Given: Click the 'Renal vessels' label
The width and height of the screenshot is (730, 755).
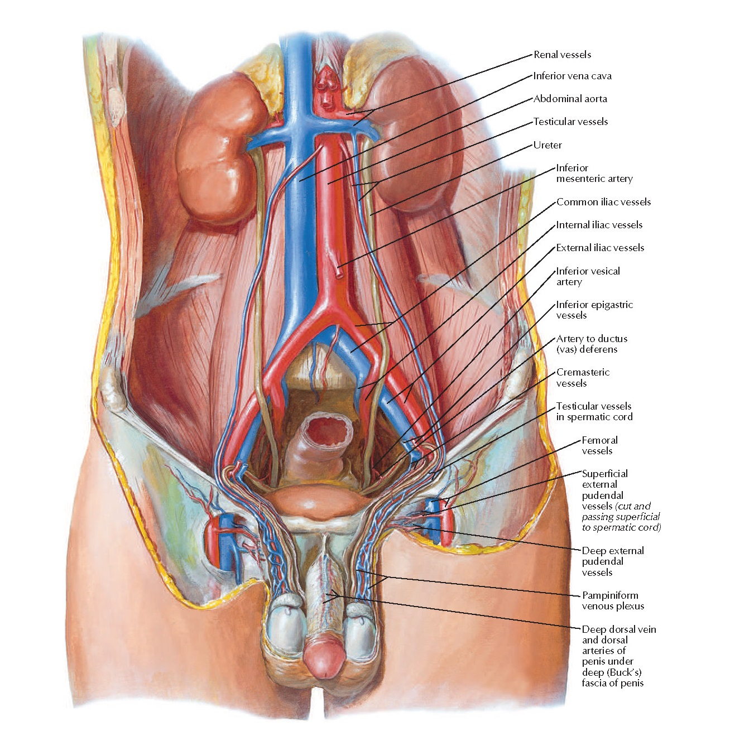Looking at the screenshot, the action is pyautogui.click(x=562, y=55).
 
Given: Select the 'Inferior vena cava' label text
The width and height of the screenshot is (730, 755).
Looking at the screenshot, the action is pyautogui.click(x=572, y=76).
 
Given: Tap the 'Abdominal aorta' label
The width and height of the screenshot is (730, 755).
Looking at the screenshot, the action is pyautogui.click(x=570, y=99).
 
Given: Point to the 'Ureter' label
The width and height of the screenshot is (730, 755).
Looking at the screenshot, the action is pyautogui.click(x=547, y=145).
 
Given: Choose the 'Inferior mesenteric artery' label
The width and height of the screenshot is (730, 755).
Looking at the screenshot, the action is pyautogui.click(x=594, y=174).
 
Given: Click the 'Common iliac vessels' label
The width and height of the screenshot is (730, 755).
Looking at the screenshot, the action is pyautogui.click(x=603, y=202).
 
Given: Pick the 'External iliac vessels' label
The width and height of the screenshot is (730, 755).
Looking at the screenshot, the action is pyautogui.click(x=600, y=248).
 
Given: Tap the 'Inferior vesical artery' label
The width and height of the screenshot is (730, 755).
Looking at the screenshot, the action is pyautogui.click(x=588, y=276).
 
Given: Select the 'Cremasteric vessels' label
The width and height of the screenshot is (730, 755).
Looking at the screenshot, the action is pyautogui.click(x=583, y=378).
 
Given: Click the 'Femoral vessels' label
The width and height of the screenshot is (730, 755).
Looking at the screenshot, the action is pyautogui.click(x=599, y=445).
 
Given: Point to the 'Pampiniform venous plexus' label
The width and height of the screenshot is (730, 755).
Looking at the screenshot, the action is pyautogui.click(x=613, y=600).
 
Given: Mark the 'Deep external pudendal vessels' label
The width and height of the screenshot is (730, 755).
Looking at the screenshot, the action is pyautogui.click(x=612, y=561).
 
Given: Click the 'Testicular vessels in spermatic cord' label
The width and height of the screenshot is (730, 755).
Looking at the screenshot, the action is pyautogui.click(x=594, y=411).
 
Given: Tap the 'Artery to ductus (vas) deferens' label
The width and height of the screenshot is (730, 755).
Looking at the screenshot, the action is pyautogui.click(x=591, y=344).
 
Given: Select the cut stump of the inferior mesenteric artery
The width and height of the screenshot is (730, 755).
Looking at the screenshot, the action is pyautogui.click(x=339, y=273).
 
